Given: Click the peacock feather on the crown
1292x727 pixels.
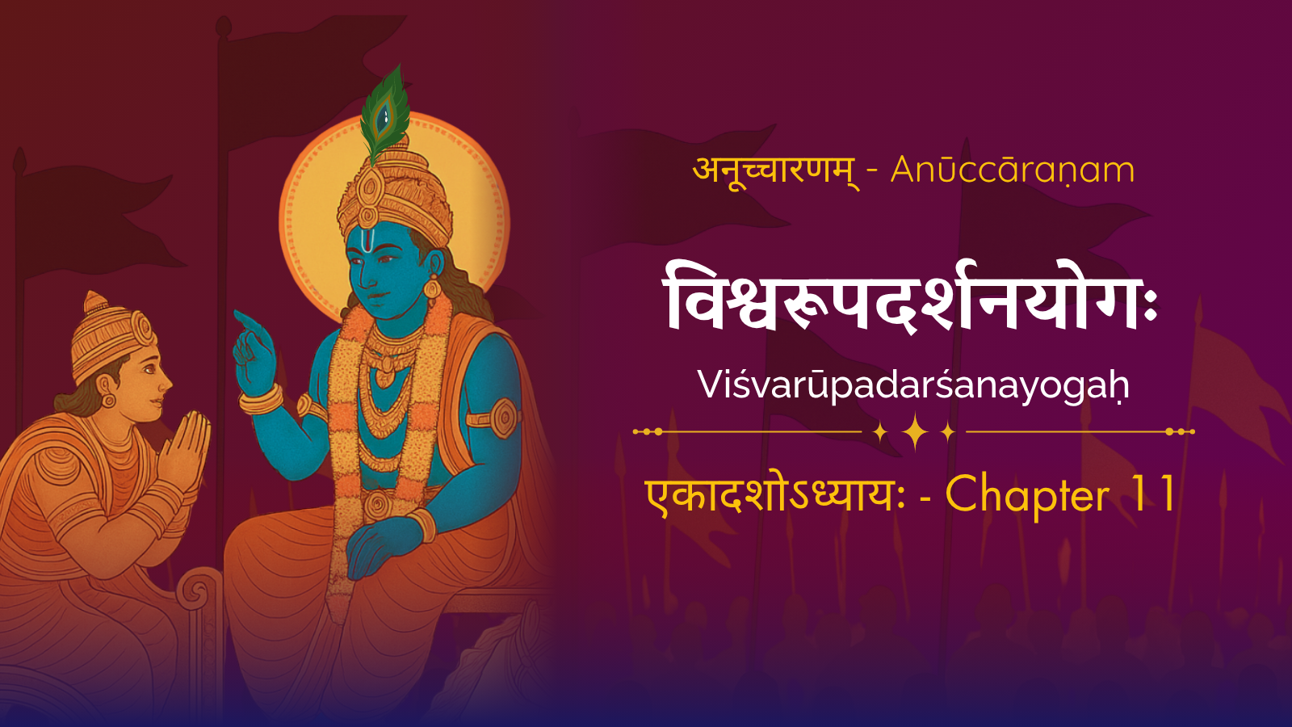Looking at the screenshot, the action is (x=384, y=112).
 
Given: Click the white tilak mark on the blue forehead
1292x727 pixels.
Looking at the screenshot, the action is (x=367, y=237).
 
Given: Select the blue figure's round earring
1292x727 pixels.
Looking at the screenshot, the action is (x=431, y=287).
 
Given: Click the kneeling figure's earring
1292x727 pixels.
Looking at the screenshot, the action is (x=108, y=399).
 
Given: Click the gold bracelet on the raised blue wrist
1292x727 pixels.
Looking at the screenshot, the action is (x=261, y=399).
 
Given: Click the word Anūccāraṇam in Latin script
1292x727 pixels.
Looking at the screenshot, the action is (x=1013, y=170).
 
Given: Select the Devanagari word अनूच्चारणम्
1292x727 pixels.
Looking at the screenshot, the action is (x=776, y=170).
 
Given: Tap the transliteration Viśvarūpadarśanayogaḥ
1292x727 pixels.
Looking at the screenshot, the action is (x=913, y=385).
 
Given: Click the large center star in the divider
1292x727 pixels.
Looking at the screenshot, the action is (x=915, y=431).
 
